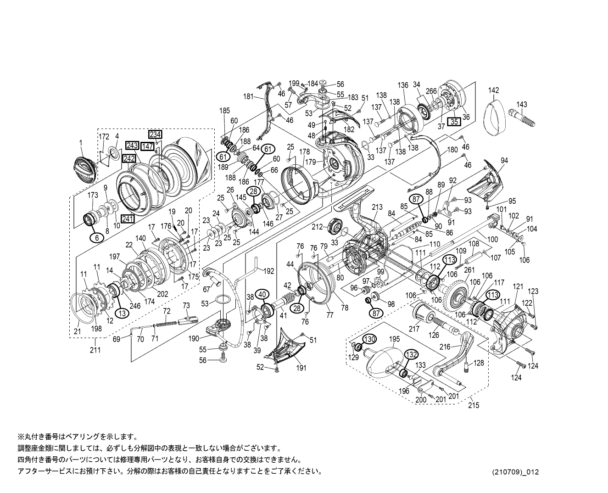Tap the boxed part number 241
pyautogui.click(x=128, y=218)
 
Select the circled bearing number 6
pyautogui.click(x=96, y=237)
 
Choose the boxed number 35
pyautogui.click(x=454, y=122)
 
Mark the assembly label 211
pyautogui.click(x=95, y=350)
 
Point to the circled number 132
pyautogui.click(x=411, y=354)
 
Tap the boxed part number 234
pyautogui.click(x=155, y=134)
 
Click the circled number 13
pyautogui.click(x=122, y=313)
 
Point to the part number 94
pyautogui.click(x=504, y=161)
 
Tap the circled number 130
pyautogui.click(x=369, y=339)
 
